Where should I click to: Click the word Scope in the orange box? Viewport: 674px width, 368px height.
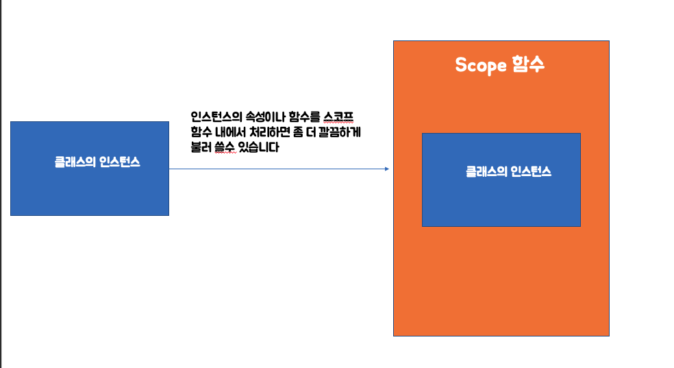pyautogui.click(x=481, y=65)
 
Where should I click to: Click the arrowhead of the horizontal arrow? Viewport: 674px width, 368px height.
pyautogui.click(x=386, y=169)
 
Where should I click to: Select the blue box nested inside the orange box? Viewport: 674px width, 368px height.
pyautogui.click(x=501, y=199)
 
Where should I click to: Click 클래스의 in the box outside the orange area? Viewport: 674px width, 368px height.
pyautogui.click(x=75, y=163)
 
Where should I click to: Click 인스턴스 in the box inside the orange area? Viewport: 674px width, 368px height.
pyautogui.click(x=530, y=172)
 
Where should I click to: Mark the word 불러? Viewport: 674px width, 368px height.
pyautogui.click(x=201, y=147)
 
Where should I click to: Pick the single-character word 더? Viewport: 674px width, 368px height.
pyautogui.click(x=319, y=132)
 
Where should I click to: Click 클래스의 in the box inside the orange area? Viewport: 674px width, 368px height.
pyautogui.click(x=486, y=172)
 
